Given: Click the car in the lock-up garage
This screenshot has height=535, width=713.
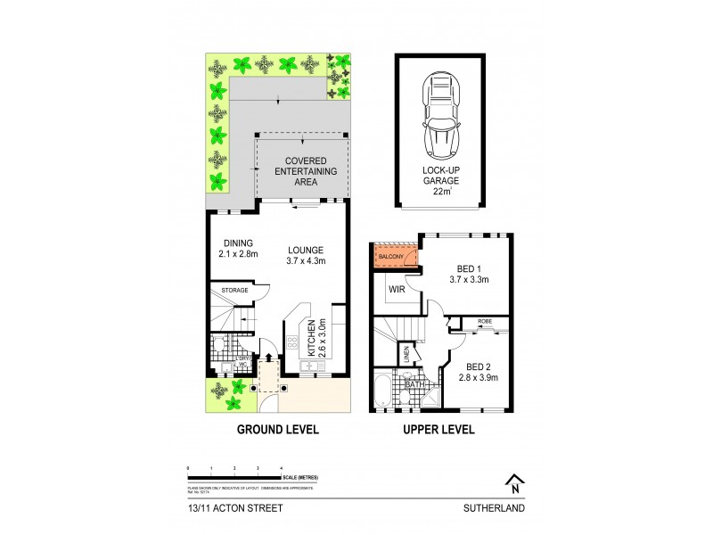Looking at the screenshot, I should coord(441,114).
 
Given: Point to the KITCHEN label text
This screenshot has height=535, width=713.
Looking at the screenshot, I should coord(311,339).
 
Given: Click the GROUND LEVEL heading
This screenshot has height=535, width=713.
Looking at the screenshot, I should coord(277,430).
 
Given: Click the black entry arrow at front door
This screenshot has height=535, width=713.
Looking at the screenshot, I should coord(269,357).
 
